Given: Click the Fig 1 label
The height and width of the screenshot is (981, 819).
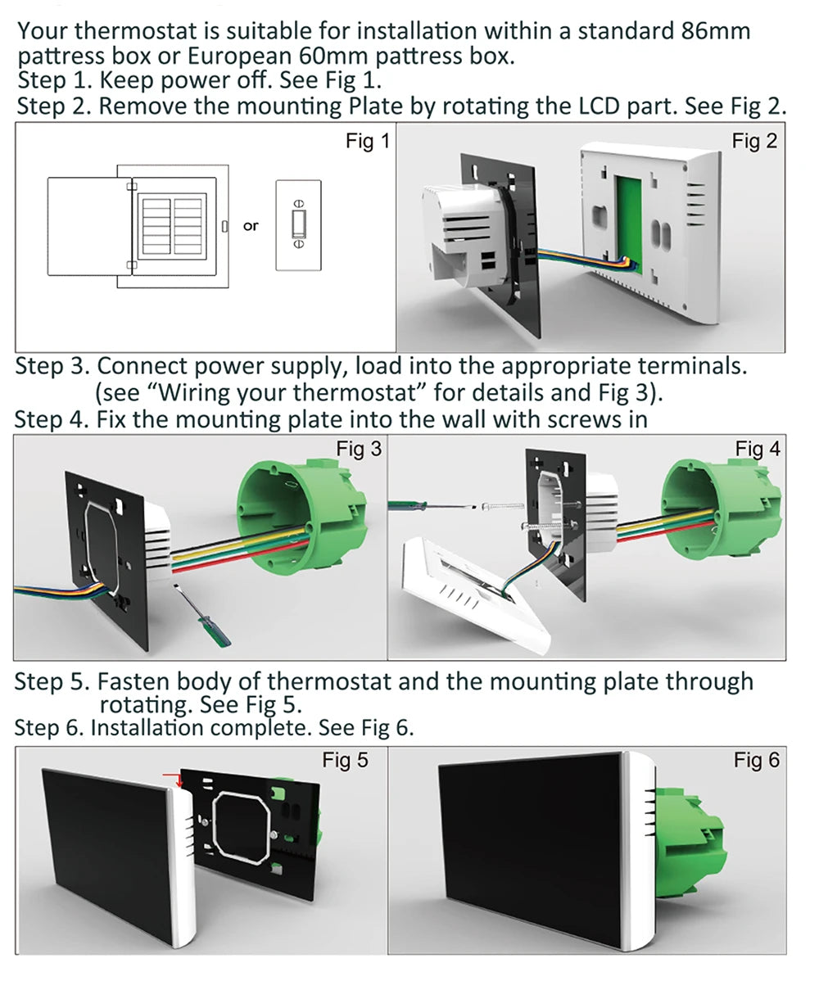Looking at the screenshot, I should click(x=368, y=142).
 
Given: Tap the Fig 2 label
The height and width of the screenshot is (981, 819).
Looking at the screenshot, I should click(x=754, y=142).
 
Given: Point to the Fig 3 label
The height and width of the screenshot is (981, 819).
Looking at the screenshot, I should click(x=359, y=449).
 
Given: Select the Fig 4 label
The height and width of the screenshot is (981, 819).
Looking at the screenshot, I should click(x=758, y=449).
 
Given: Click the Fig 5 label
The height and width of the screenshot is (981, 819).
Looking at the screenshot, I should click(x=345, y=761).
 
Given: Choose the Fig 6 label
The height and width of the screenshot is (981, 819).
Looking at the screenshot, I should click(x=757, y=761).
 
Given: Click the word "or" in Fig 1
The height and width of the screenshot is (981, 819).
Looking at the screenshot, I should click(x=251, y=226).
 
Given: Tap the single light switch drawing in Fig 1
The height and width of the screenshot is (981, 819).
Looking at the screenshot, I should click(x=299, y=225).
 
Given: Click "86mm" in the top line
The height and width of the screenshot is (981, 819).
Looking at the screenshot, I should click(x=715, y=32).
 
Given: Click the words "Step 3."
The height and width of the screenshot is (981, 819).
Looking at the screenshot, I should click(x=52, y=366).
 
